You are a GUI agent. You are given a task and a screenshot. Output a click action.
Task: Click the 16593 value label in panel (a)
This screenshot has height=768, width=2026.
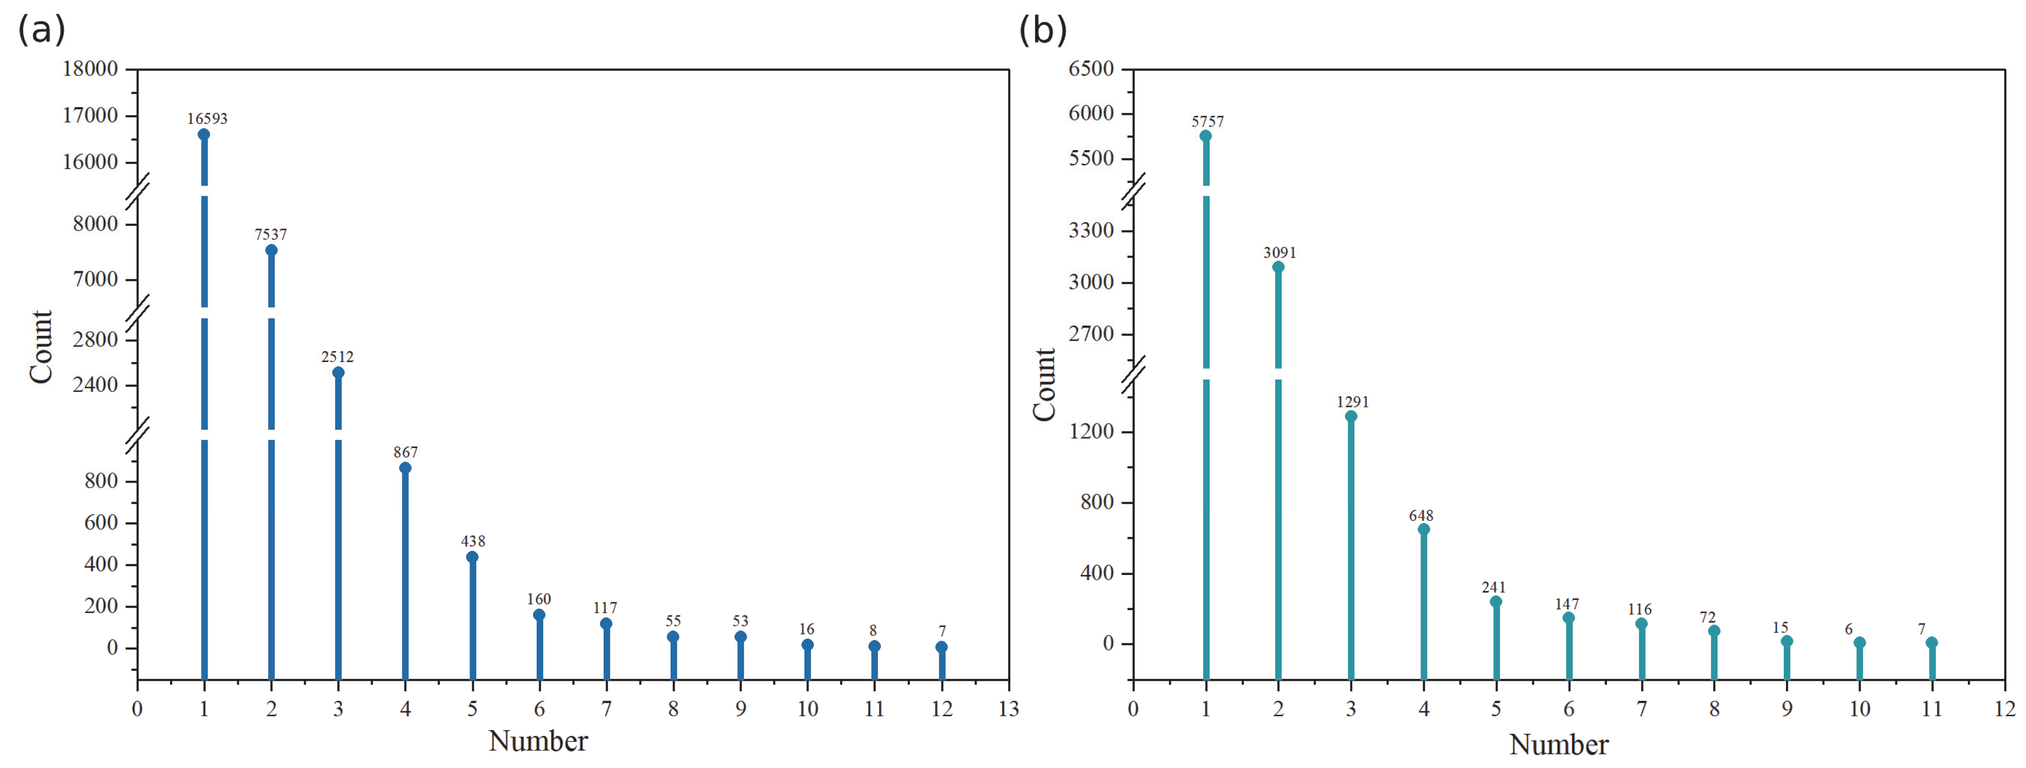coord(207,119)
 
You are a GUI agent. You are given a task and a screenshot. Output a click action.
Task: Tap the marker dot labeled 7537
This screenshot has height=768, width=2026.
coord(271,250)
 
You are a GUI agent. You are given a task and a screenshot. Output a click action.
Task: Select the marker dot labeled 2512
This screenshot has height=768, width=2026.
coord(338,372)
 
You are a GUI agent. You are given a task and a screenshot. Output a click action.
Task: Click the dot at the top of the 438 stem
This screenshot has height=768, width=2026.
coord(472,557)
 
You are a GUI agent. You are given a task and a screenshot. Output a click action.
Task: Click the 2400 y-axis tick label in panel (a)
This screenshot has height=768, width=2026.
coord(95,385)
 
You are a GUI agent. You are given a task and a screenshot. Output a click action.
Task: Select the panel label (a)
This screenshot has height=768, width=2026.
coord(41,30)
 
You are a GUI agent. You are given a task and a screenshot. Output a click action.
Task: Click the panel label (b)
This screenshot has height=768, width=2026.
coord(1043,30)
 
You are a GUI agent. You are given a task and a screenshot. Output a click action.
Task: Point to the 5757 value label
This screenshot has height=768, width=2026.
coord(1207,122)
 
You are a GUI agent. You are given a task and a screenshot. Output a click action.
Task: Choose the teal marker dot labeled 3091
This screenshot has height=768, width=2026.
coord(1278,267)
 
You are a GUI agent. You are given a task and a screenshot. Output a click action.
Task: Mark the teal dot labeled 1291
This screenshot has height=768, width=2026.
coord(1351,416)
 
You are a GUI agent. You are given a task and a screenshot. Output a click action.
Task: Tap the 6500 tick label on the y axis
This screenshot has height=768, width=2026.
coord(1091,69)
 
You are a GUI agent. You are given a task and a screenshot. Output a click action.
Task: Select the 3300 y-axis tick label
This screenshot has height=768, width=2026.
coord(1091,230)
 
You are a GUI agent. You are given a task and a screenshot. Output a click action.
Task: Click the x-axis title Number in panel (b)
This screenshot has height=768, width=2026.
coord(1559,744)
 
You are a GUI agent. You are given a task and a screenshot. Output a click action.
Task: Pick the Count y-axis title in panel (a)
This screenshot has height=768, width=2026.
coord(41,347)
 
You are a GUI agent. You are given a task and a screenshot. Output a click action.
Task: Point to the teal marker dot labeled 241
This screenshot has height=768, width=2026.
coord(1496,602)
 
